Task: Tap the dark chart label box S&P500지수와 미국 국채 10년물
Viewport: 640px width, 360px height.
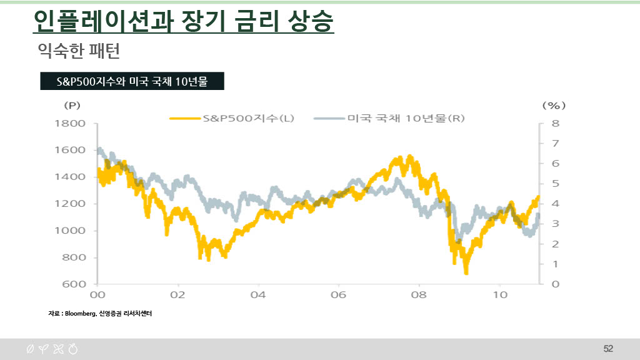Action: point(132,81)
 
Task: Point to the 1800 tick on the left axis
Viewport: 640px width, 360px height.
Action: point(69,124)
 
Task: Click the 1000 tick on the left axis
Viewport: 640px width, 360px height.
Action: point(69,231)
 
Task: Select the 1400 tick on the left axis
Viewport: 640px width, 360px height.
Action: point(69,177)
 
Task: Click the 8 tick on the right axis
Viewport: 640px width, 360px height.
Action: point(555,124)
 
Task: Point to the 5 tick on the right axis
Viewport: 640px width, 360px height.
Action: point(555,184)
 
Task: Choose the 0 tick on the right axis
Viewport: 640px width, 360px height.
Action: point(555,284)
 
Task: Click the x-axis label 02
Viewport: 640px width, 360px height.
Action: point(177,294)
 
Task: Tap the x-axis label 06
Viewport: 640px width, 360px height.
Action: point(338,294)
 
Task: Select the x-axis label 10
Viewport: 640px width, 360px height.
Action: point(499,294)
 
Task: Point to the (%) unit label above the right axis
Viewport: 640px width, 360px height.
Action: point(554,105)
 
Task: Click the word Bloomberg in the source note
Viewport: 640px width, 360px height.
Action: point(80,313)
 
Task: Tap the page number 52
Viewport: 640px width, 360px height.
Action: point(608,348)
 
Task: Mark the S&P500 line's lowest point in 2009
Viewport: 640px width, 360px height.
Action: point(466,272)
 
